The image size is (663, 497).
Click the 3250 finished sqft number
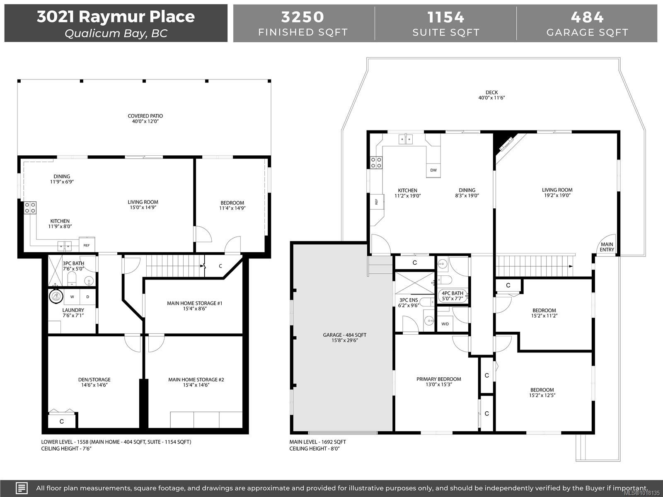(x=302, y=17)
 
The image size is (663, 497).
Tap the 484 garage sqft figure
(x=587, y=17)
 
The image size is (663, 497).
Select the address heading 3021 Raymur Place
(x=116, y=17)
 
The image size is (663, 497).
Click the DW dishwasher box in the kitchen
(x=433, y=170)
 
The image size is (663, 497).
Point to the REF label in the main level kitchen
(x=377, y=202)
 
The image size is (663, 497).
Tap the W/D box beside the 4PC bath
(x=445, y=324)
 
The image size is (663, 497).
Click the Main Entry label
(x=607, y=247)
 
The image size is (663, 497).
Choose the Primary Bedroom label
(x=438, y=379)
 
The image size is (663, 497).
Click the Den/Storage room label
(x=94, y=379)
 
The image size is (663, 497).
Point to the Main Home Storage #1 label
(x=195, y=303)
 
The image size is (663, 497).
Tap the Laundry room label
(x=73, y=310)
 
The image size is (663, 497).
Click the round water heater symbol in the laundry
(x=56, y=297)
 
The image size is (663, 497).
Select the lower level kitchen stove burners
(x=30, y=207)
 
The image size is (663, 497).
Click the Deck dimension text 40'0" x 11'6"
(x=491, y=98)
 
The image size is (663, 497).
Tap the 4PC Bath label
(x=452, y=293)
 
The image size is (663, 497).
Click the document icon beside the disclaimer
(x=22, y=488)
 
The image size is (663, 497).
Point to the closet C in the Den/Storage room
(x=62, y=422)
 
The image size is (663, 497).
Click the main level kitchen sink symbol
(x=406, y=140)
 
